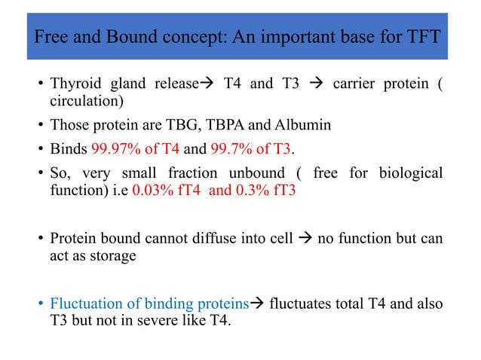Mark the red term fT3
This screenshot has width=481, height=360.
(x=282, y=191)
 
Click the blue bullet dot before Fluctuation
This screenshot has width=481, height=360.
(x=40, y=305)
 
